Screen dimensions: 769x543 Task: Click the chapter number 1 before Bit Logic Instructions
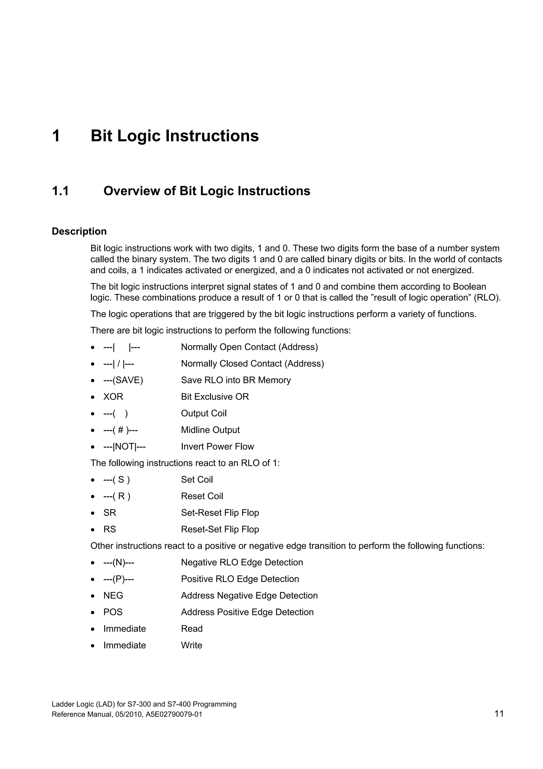56,136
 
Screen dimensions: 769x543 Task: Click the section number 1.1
60,191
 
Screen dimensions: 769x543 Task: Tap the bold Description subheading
79,231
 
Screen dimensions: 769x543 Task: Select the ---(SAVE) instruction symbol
123,380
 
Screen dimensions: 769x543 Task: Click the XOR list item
113,397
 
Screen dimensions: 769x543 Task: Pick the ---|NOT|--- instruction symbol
124,446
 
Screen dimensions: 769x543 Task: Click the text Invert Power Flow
217,446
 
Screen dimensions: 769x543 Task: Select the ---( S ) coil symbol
116,480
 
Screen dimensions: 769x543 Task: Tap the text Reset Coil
202,496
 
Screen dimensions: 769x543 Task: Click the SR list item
110,513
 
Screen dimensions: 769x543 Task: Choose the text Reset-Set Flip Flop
220,530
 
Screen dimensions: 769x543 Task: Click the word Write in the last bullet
191,645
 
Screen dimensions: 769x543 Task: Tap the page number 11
499,714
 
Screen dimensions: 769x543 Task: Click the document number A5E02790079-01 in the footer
174,714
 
